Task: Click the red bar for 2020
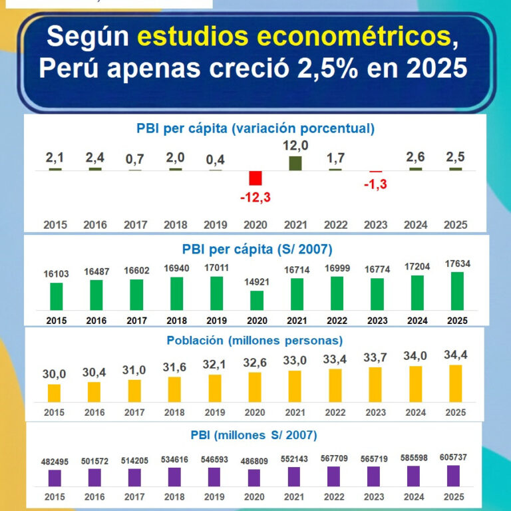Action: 255,178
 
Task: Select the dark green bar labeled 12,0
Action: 295,163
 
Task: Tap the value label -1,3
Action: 376,184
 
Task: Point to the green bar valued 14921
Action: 256,301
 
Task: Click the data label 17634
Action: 457,264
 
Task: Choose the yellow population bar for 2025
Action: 456,383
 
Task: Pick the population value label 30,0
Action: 54,375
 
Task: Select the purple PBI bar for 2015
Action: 55,478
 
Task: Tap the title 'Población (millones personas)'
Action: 255,341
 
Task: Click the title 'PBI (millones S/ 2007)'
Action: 255,435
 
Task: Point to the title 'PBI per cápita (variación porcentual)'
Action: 255,128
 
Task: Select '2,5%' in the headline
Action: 355,68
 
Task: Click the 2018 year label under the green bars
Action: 176,321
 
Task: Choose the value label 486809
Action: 255,460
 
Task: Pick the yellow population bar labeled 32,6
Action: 255,387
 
